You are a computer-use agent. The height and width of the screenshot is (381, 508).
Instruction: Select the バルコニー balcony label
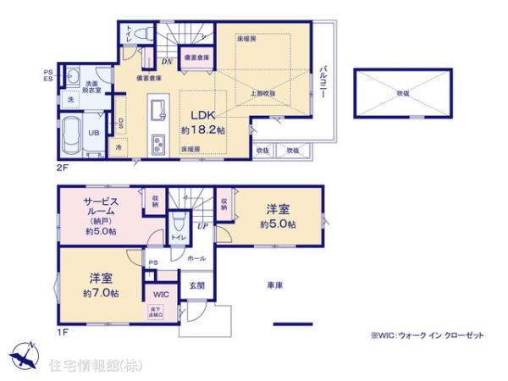point(323,83)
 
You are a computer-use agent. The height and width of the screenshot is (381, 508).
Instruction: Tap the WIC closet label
point(160,295)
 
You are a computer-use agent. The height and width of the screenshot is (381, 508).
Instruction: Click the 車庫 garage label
point(275,285)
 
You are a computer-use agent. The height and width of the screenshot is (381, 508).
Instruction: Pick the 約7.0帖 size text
point(100,293)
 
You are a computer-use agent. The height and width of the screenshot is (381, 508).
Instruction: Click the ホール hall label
point(194,256)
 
